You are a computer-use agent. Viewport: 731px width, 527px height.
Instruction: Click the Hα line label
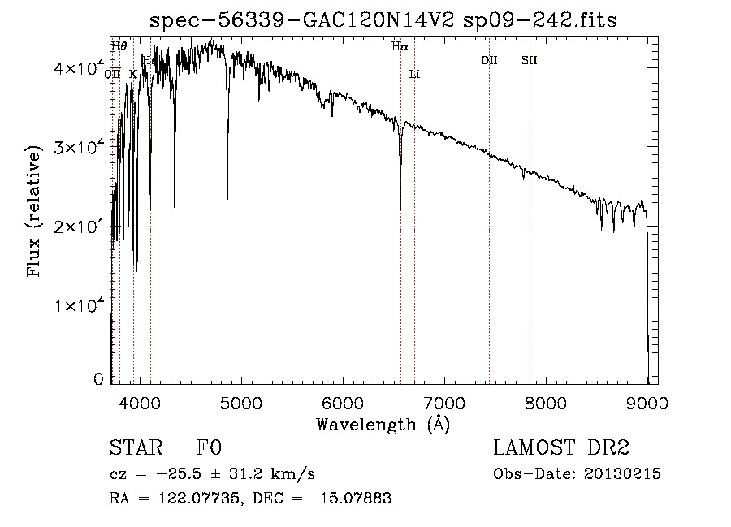pos(399,47)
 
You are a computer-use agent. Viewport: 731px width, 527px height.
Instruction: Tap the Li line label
pos(414,74)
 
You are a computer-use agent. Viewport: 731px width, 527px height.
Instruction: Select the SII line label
pos(529,60)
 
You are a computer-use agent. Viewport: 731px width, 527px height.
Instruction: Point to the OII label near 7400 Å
pos(488,60)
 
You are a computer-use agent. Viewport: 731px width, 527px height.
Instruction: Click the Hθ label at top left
pos(119,47)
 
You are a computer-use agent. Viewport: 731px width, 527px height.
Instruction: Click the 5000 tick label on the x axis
pos(240,400)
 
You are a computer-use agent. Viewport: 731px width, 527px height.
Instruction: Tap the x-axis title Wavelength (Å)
pos(383,424)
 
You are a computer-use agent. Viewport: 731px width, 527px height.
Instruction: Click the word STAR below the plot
pos(135,448)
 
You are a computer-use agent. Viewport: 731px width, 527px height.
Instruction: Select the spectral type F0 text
pos(209,448)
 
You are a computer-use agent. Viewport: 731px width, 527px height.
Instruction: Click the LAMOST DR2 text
pos(561,448)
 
